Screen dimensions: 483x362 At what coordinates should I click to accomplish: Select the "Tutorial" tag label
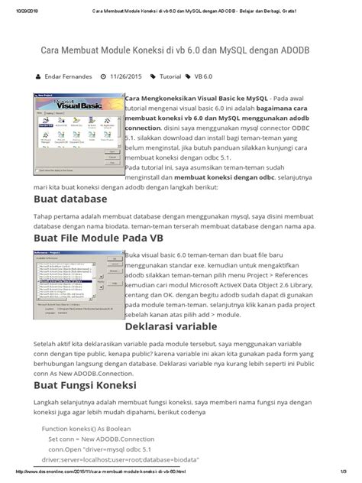(x=170, y=77)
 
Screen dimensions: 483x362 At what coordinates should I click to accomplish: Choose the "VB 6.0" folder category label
(x=205, y=77)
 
